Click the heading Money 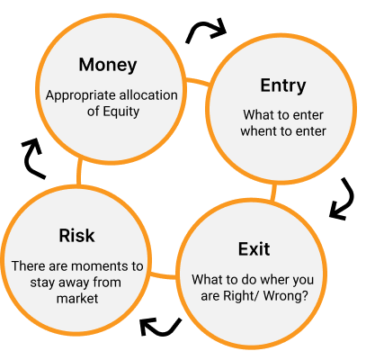click(x=108, y=65)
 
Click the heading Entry click(x=283, y=86)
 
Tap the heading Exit click(x=254, y=249)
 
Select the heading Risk click(x=76, y=235)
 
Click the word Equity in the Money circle click(x=121, y=112)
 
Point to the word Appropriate click(x=79, y=96)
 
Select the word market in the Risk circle click(x=77, y=299)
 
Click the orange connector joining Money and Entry click(x=198, y=82)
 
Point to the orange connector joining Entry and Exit click(x=273, y=193)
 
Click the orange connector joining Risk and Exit click(x=164, y=274)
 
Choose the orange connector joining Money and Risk click(x=79, y=172)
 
